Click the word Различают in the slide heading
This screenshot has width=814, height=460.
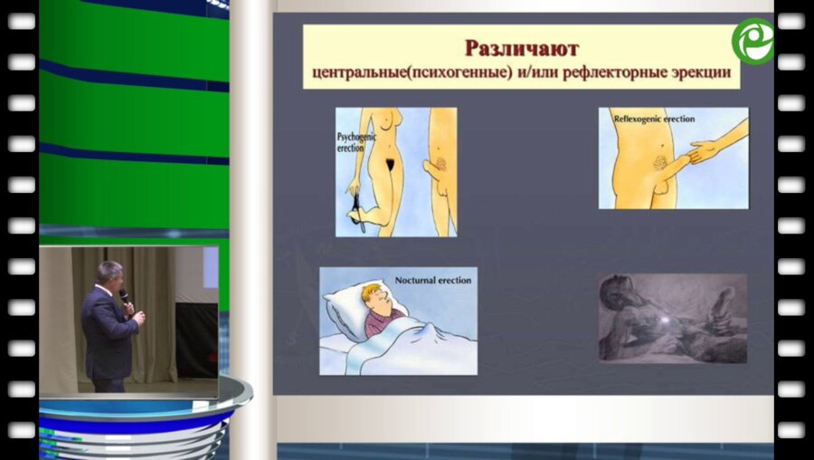521,47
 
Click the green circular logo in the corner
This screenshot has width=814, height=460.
752,41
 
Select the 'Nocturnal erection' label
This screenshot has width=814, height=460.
432,281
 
